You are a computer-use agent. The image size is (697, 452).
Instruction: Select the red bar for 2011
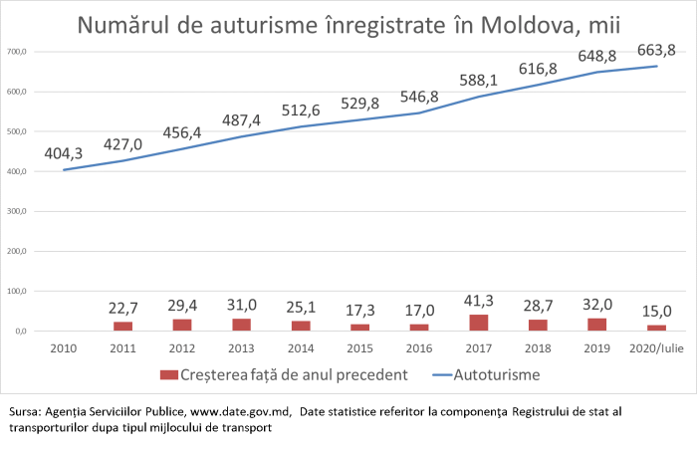pos(122,326)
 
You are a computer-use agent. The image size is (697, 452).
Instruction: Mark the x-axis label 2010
pos(65,349)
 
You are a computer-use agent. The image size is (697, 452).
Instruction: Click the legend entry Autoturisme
pos(497,376)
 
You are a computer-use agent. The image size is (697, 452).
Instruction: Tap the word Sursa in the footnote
pos(24,411)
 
